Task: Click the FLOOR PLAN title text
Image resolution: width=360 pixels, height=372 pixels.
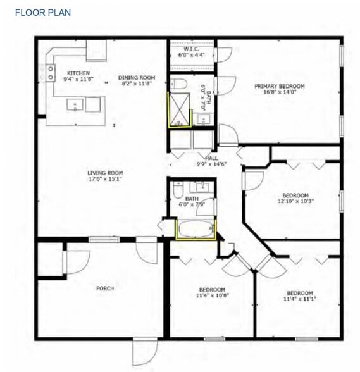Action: point(42,13)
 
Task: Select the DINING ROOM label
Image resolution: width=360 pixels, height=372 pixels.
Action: point(137,78)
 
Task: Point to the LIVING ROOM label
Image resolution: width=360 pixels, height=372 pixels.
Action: point(105,173)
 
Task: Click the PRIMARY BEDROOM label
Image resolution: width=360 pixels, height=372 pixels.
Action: point(279,86)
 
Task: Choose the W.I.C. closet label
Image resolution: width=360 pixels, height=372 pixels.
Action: point(192,49)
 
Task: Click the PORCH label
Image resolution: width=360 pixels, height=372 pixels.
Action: point(104,288)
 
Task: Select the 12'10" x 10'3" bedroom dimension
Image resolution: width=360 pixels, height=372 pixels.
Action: point(295,201)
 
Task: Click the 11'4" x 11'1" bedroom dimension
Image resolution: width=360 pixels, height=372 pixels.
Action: point(299,299)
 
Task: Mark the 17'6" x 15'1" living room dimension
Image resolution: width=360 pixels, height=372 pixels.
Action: point(105,179)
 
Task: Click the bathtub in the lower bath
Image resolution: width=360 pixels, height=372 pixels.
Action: point(196,229)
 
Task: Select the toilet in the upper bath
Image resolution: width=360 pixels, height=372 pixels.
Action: point(178,85)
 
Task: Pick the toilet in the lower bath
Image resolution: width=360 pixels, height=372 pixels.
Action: point(178,189)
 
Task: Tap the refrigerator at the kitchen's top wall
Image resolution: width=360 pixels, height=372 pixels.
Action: point(96,50)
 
